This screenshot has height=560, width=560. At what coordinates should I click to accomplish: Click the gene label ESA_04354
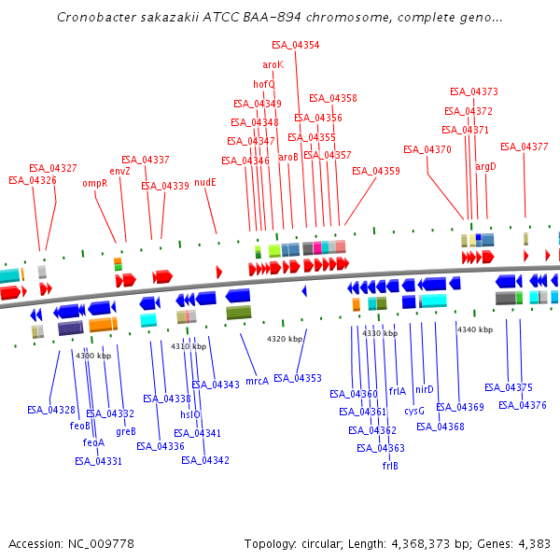coord(295,45)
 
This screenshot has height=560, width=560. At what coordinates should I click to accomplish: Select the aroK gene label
coord(273,64)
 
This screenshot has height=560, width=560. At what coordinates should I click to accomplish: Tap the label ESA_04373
coord(473,91)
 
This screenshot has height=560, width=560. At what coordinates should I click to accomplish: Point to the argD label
coord(485,166)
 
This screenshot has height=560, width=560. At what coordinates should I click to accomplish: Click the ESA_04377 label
coord(524,147)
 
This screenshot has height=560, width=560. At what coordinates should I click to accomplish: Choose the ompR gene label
coord(95,184)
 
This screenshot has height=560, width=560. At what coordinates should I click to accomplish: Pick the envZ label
coord(120,172)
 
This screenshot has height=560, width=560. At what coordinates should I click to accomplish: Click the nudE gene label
coord(205,182)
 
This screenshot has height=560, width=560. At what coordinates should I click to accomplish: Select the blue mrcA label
coord(257,381)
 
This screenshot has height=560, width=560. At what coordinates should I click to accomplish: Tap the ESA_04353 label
coord(298,378)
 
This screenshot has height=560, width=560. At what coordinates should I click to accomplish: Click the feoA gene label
coord(93,442)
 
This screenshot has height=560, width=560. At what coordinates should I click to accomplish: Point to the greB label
coord(126,431)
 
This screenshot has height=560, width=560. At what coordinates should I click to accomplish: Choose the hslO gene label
coord(190,414)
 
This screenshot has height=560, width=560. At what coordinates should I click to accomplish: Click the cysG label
coord(414,411)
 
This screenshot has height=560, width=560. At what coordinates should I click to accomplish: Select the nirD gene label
coord(425,389)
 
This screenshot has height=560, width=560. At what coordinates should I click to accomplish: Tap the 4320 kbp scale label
coord(285,339)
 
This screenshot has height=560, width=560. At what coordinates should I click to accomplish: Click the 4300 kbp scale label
coord(93,356)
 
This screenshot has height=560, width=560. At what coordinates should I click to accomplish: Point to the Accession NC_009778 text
coord(71,543)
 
